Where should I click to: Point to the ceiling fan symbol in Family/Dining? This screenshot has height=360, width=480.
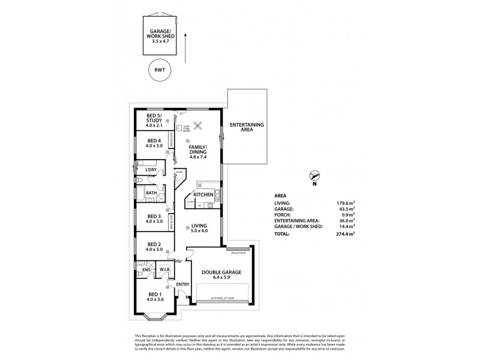[x=202, y=125]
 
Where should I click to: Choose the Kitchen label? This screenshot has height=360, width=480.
[x=203, y=196]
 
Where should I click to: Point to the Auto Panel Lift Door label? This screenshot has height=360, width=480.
[x=225, y=298]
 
